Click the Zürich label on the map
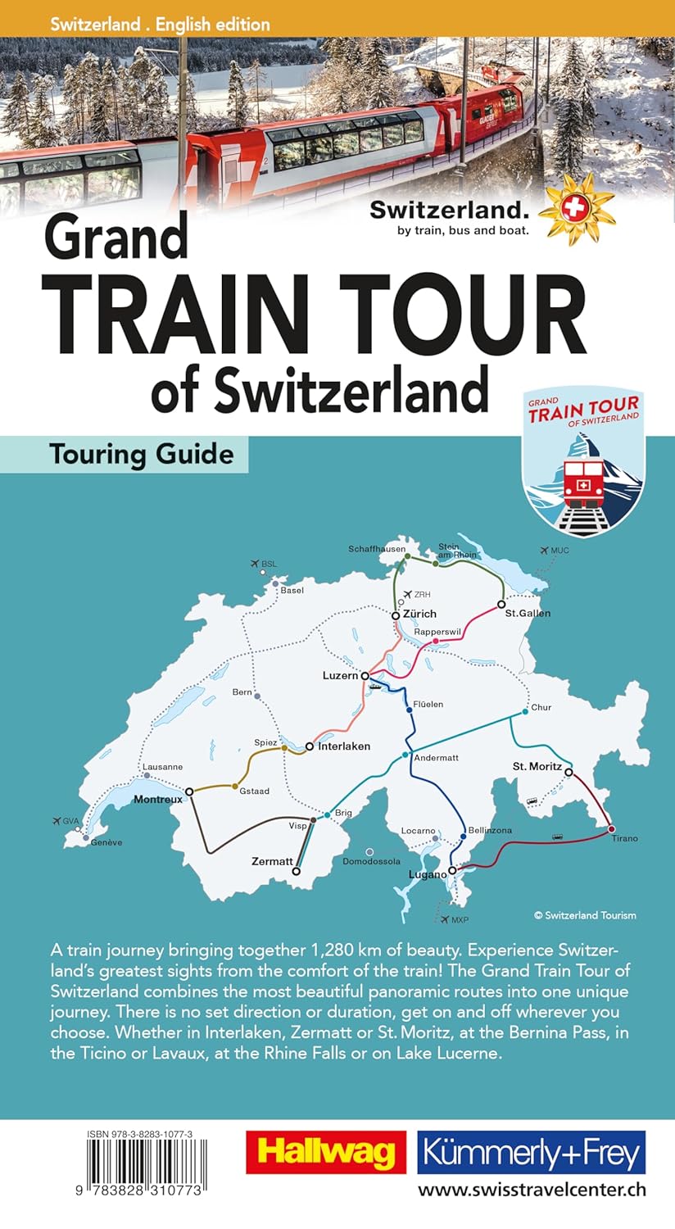coord(419,614)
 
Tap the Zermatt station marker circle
coord(297,872)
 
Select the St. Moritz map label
coord(537,766)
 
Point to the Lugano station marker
coord(451,871)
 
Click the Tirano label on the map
coord(623,838)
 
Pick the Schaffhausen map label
coord(377,548)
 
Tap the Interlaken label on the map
coord(344,746)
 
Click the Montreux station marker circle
coord(189,791)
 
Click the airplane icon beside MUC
coord(544,550)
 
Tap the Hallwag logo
coord(326,1152)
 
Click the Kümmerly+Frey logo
coord(531,1152)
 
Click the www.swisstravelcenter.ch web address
coord(532,1189)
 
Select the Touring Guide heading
coord(142,454)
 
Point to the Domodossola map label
coord(371,861)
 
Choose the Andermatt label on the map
coord(436,758)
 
